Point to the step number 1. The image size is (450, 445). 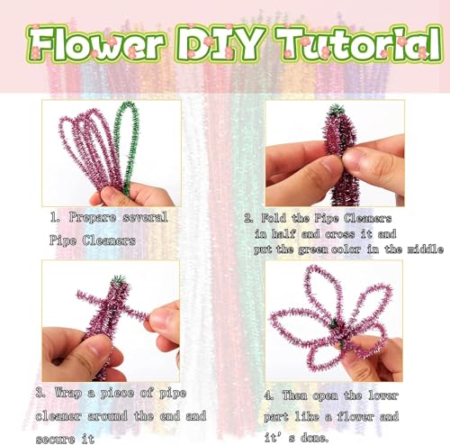click(x=52, y=218)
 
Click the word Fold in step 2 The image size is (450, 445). click(x=277, y=218)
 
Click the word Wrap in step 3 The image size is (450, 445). click(x=75, y=393)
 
